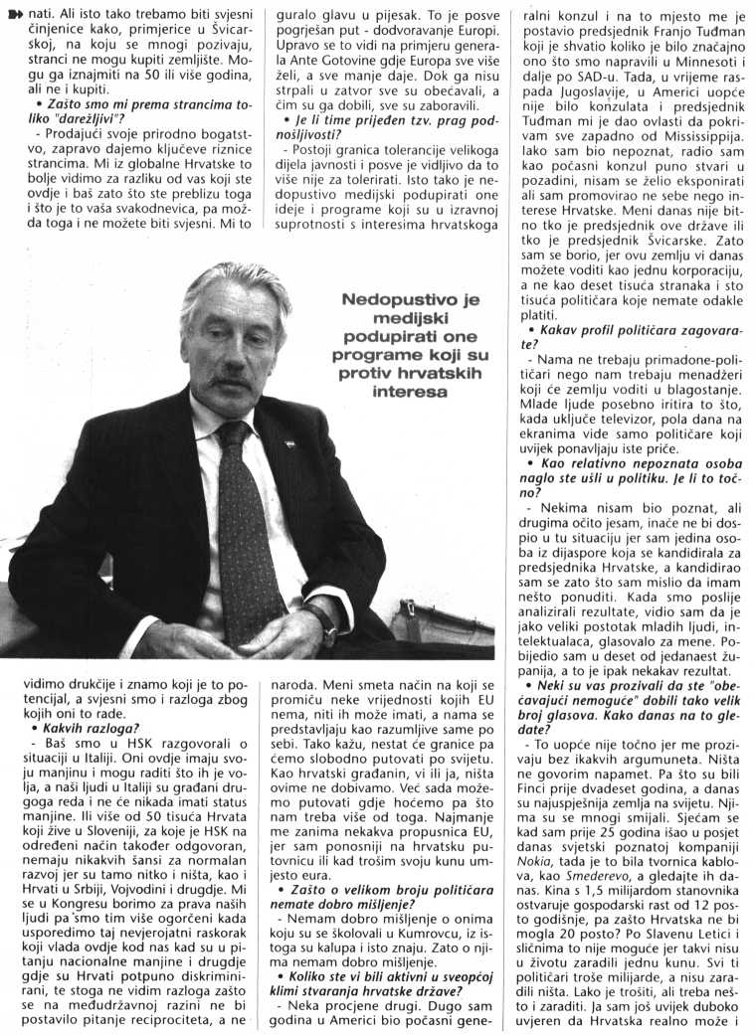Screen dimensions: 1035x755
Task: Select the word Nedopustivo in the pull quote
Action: coord(397,298)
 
